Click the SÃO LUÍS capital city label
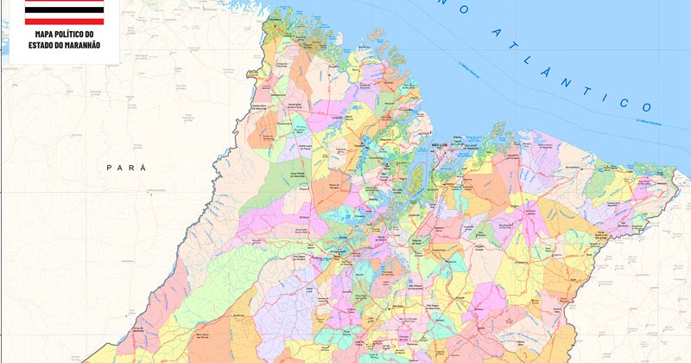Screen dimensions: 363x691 coord(442,144)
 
